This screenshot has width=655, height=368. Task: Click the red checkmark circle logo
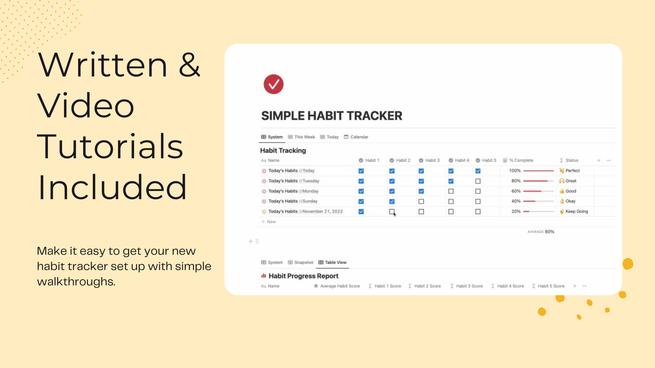click(x=273, y=84)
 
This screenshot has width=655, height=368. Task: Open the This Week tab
click(x=302, y=137)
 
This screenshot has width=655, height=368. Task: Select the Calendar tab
click(x=356, y=137)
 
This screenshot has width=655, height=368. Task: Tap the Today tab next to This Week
click(x=329, y=137)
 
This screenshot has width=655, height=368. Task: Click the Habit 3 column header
click(x=430, y=160)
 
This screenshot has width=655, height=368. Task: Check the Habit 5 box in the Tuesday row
click(x=478, y=181)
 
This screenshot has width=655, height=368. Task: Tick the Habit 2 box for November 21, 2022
click(x=392, y=212)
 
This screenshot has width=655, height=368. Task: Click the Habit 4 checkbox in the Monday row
click(x=451, y=191)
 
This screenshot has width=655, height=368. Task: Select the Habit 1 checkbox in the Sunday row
click(x=361, y=201)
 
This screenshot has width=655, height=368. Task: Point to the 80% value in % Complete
click(x=516, y=181)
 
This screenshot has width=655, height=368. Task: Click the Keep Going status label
click(x=576, y=212)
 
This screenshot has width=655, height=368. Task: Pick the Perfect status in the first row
click(x=572, y=171)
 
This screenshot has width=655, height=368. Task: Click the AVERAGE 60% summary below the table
click(x=541, y=232)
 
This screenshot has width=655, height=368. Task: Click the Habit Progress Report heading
click(x=303, y=276)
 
